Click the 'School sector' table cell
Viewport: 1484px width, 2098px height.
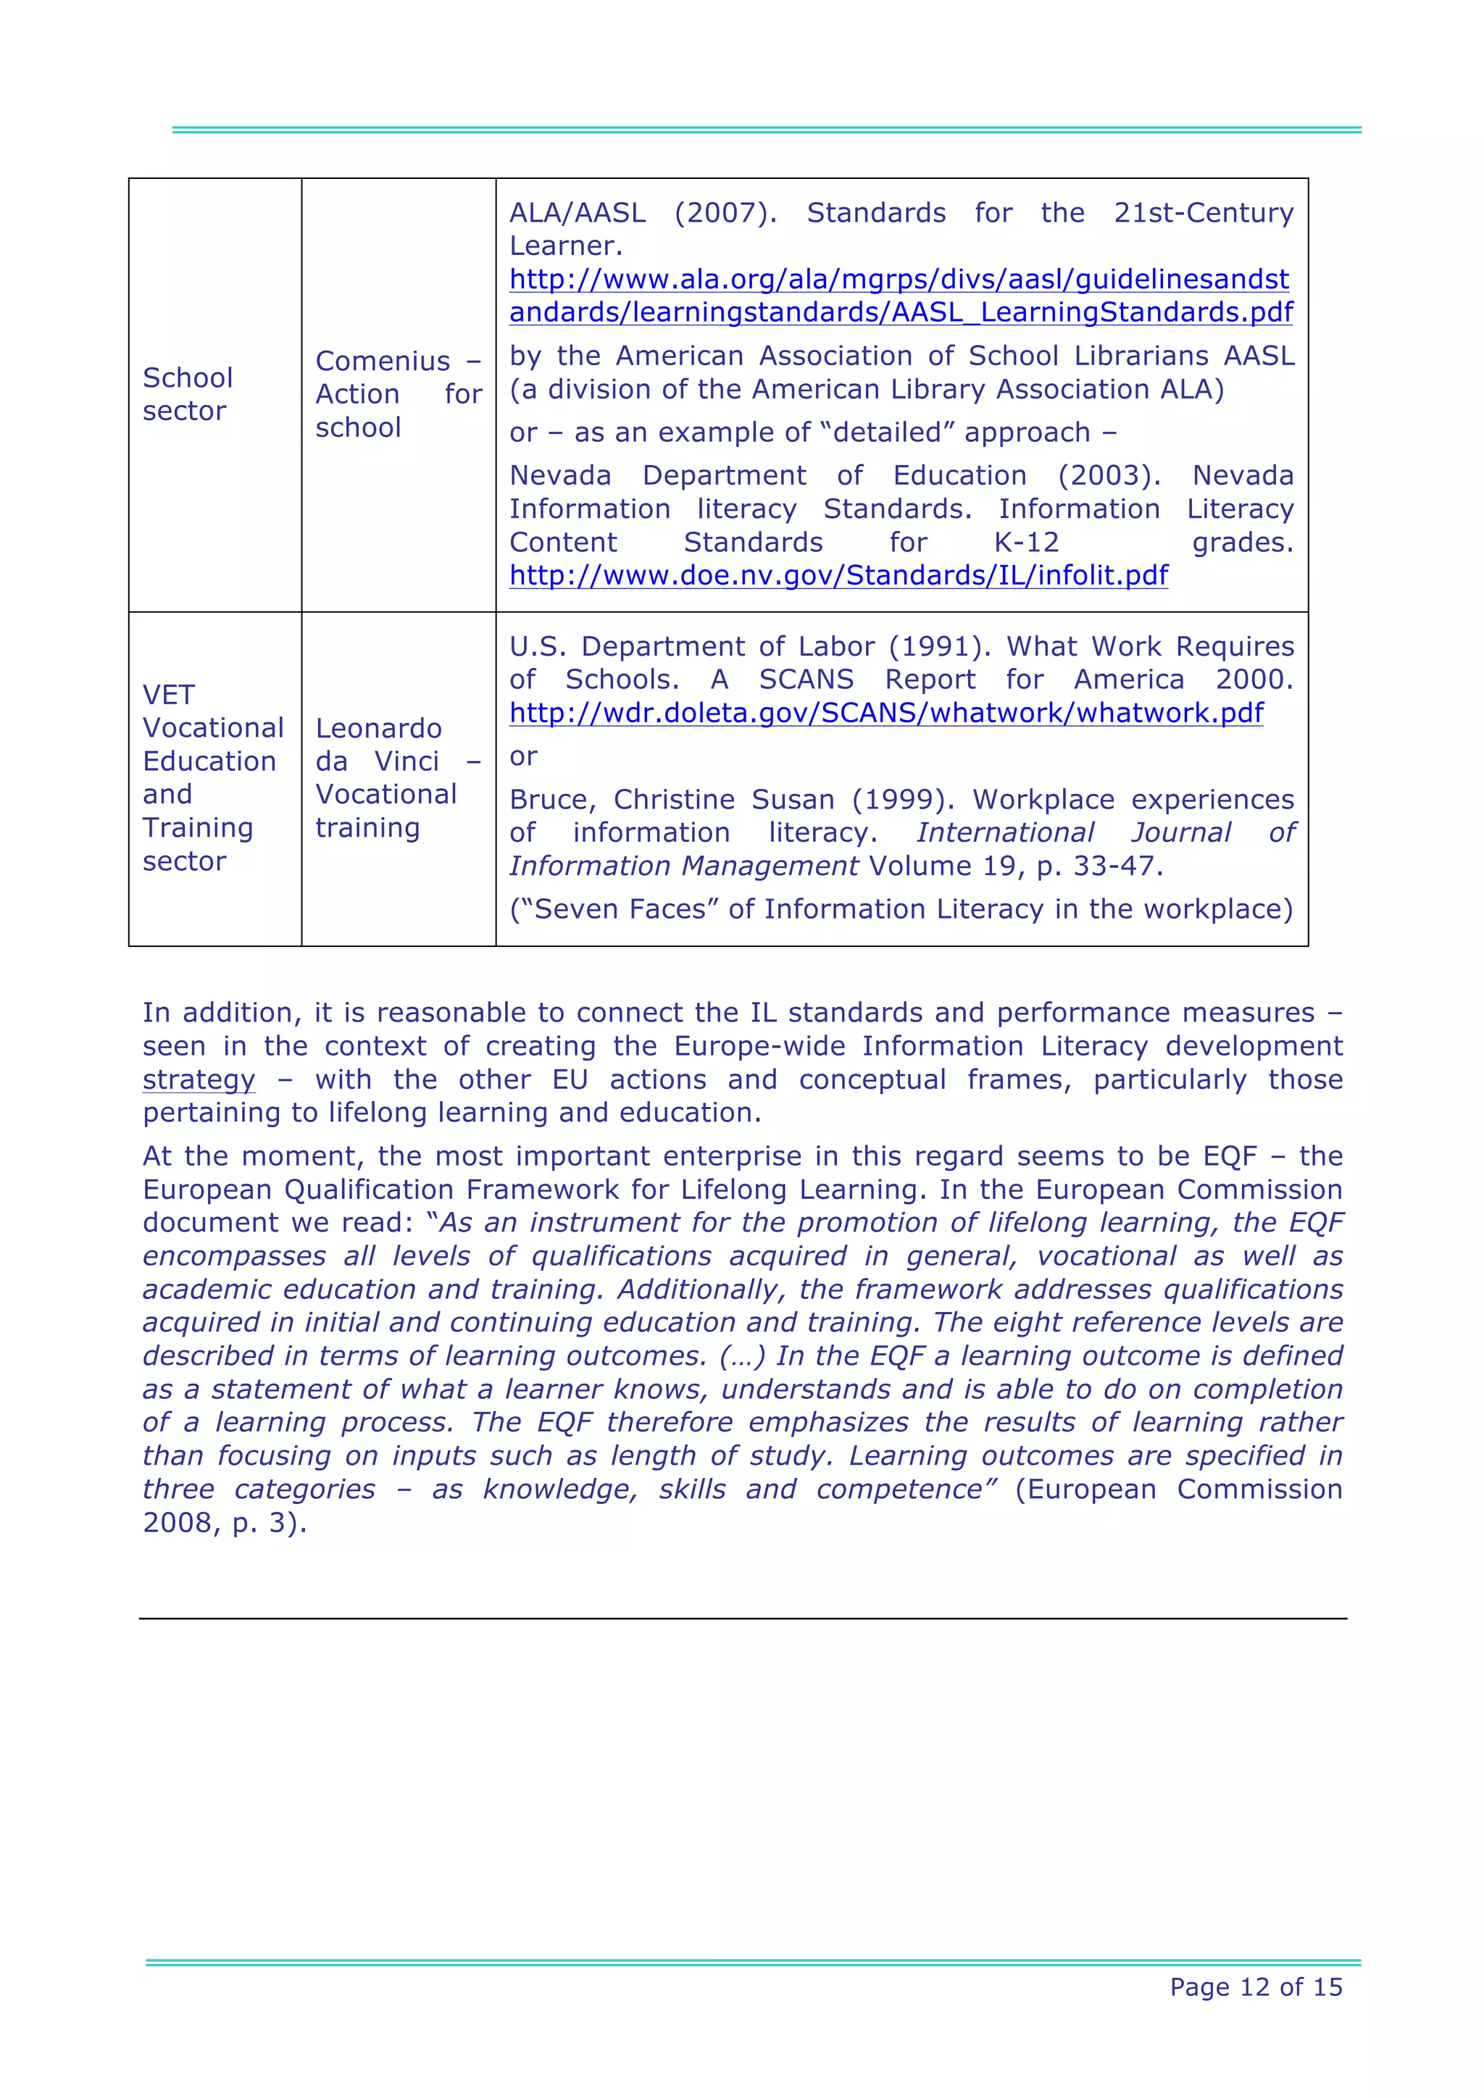click(188, 394)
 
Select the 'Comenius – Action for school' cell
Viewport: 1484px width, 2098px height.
click(398, 394)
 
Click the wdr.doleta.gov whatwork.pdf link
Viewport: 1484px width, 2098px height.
click(885, 713)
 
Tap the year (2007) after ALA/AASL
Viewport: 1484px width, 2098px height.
click(725, 213)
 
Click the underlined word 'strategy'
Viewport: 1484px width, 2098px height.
click(199, 1079)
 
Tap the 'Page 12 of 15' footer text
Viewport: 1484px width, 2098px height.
click(1256, 1986)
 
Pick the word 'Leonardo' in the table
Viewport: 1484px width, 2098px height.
click(378, 728)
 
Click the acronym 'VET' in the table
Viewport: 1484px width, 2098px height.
click(168, 695)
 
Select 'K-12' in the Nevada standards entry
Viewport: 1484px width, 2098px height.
click(1026, 542)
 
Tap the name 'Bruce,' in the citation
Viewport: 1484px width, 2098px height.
click(553, 800)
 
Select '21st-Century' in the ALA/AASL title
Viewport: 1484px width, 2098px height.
click(1203, 213)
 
